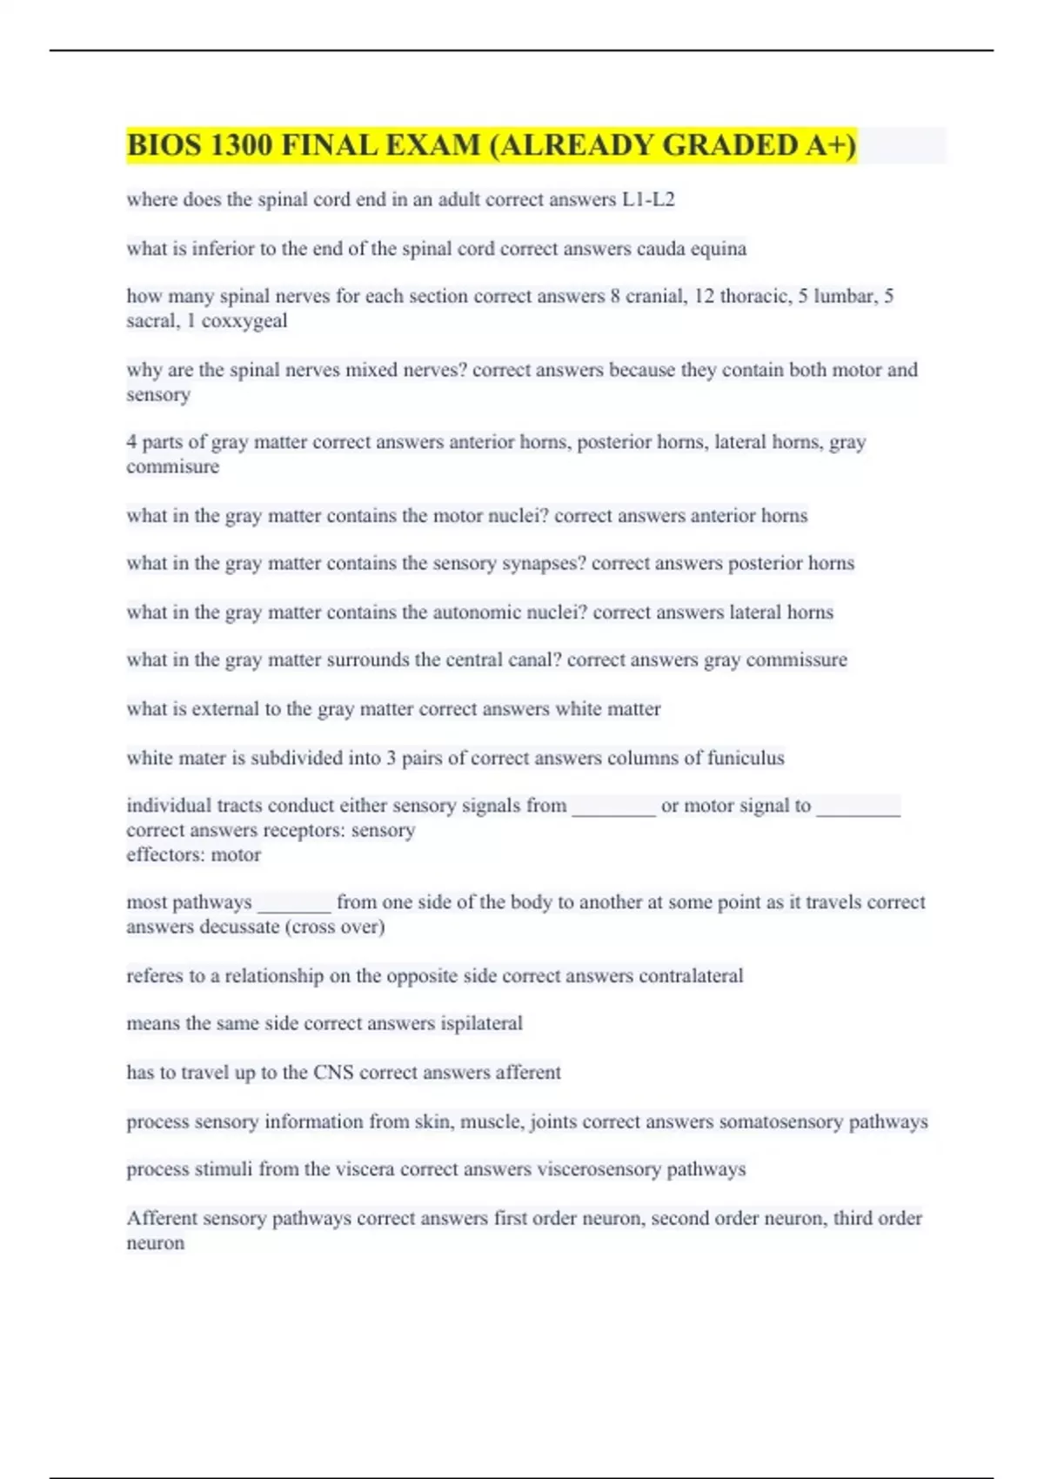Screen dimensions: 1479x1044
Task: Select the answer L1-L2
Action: point(648,200)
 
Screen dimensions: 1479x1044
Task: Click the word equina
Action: point(719,249)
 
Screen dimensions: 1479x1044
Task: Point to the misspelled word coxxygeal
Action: point(244,321)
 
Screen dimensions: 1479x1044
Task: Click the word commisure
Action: point(172,467)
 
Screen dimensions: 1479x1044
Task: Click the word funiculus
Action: point(746,759)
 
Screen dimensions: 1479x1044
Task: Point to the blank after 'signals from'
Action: point(613,807)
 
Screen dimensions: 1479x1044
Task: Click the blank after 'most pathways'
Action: point(294,904)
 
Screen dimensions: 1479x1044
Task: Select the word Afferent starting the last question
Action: point(162,1219)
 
